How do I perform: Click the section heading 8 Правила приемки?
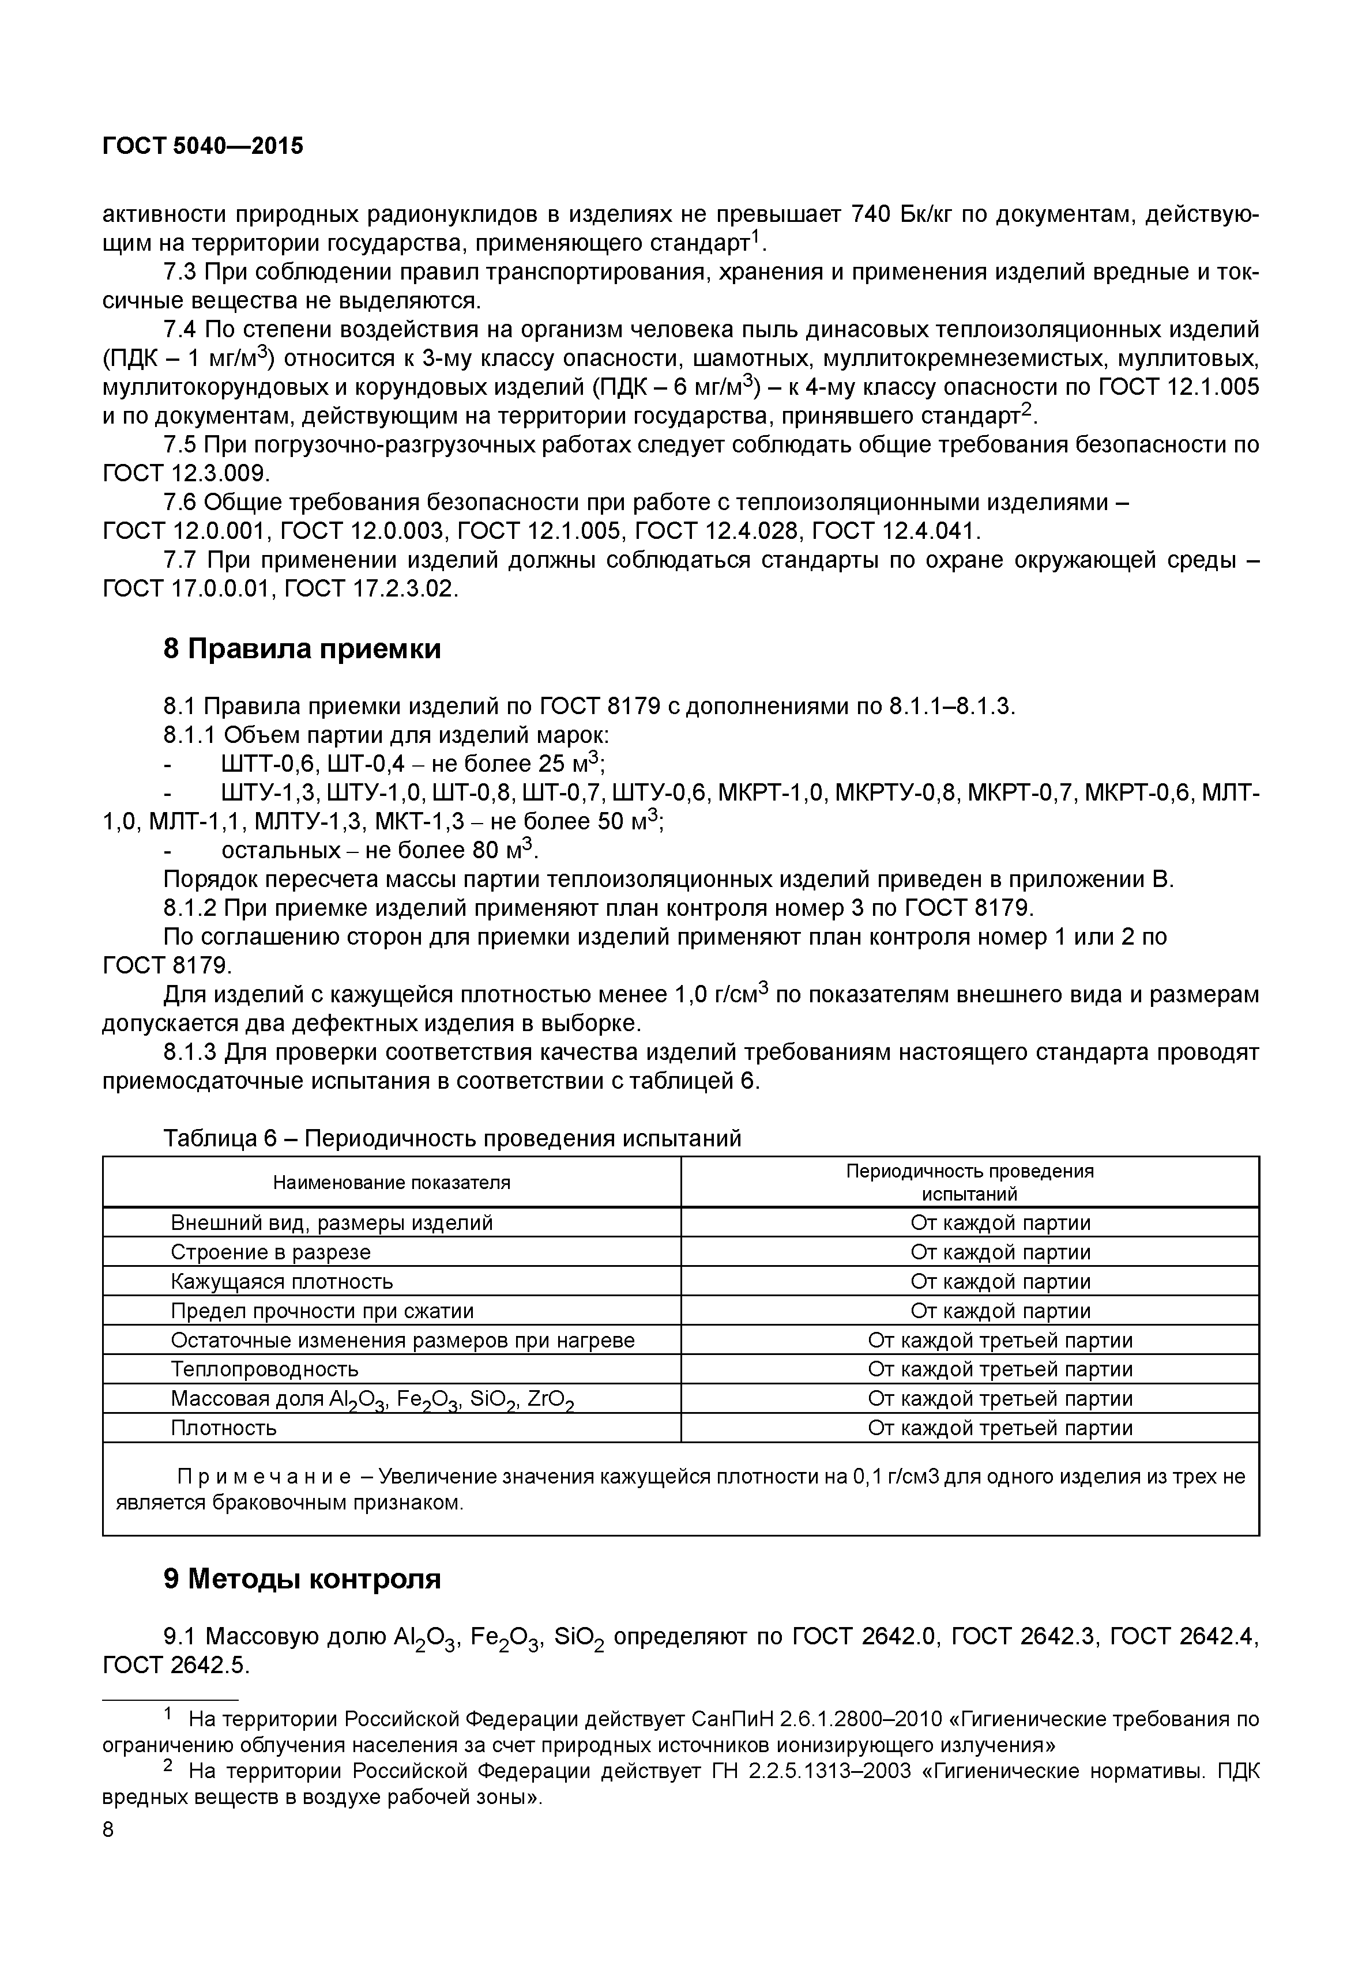302,649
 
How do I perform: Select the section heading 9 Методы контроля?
302,1580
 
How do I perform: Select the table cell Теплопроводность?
265,1369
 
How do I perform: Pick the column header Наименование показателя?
392,1182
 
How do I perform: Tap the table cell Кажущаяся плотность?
281,1281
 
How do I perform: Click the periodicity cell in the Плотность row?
1000,1428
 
